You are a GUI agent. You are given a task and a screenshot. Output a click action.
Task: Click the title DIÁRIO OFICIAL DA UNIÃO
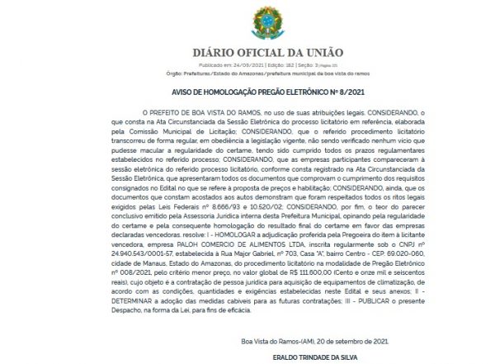(x=247, y=52)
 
